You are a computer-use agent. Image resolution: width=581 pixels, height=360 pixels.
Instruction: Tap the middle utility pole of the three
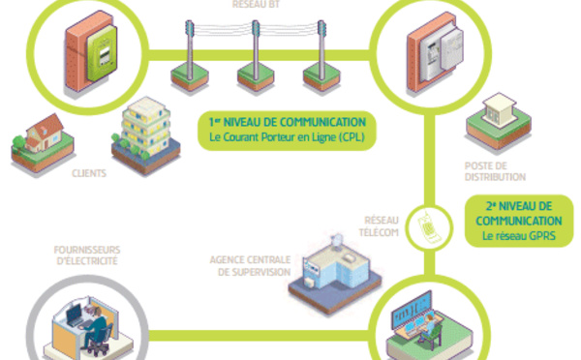coord(256,50)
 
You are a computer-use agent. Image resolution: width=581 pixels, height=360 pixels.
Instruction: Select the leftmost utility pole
coord(190,50)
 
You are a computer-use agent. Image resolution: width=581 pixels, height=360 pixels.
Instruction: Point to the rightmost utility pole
coord(321,50)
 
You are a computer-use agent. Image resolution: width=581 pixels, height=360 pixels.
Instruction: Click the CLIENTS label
coord(89,173)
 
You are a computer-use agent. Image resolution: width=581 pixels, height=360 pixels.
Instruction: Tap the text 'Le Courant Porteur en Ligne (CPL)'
coord(287,137)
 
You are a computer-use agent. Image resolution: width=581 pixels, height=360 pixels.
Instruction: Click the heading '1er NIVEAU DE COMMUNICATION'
coord(288,122)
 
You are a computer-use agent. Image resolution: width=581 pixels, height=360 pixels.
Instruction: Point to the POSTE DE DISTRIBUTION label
coord(495,171)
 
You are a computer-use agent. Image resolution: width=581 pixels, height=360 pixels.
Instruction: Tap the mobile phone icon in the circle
coord(429,227)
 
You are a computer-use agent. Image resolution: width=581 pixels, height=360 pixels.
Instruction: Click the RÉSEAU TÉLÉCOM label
coord(379,226)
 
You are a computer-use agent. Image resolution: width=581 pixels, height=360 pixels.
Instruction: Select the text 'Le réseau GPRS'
coord(519,236)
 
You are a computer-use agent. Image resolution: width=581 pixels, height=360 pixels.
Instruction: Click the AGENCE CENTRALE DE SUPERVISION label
coord(251,266)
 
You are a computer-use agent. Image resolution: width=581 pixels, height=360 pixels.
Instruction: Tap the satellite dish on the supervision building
coord(337,242)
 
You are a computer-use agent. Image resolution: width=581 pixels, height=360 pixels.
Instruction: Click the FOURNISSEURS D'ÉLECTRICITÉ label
coord(87,255)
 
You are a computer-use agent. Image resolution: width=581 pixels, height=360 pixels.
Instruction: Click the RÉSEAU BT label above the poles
coord(256,4)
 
